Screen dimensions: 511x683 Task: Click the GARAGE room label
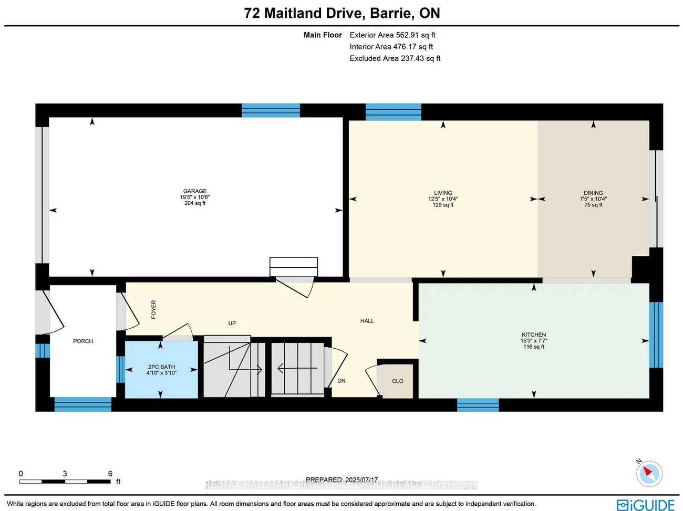194,191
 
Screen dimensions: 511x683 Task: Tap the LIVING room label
443,193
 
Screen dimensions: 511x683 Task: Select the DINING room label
593,193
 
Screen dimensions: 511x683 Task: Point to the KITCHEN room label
534,335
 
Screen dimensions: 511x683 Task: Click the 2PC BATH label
161,367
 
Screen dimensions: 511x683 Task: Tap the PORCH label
83,341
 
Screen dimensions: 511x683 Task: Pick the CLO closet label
398,381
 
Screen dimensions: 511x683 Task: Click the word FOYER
153,309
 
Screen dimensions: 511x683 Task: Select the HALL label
367,321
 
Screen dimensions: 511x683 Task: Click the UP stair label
232,323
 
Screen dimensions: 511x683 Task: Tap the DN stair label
341,381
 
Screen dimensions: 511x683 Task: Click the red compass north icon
649,474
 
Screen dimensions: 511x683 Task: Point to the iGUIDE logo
646,505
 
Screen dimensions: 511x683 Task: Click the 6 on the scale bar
110,474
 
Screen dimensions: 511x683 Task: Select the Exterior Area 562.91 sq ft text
392,35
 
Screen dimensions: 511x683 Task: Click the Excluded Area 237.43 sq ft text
395,58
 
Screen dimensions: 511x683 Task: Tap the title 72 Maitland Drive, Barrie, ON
342,13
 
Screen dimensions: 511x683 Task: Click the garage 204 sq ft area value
194,203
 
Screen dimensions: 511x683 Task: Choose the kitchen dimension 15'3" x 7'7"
534,341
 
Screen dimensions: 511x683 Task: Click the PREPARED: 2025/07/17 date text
341,479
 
